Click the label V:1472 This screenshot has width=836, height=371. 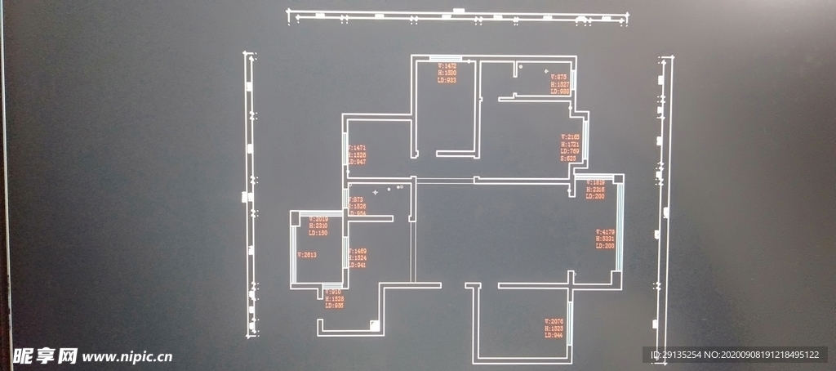447,65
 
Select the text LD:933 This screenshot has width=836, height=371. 447,80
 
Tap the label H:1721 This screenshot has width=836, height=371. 570,144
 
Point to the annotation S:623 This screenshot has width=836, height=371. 568,159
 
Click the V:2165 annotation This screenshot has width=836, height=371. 570,136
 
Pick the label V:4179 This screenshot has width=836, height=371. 605,232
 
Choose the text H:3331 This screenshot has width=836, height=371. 605,239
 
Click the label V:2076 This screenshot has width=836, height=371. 554,321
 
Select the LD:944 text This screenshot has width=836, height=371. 554,335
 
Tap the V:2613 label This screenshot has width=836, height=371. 307,255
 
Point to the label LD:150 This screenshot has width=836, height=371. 318,234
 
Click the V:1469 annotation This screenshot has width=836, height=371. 358,251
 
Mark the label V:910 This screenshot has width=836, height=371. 332,292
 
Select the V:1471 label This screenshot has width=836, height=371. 357,147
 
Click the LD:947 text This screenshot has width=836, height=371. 357,162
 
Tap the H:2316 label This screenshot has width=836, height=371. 594,190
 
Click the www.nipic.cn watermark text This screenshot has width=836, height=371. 127,357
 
